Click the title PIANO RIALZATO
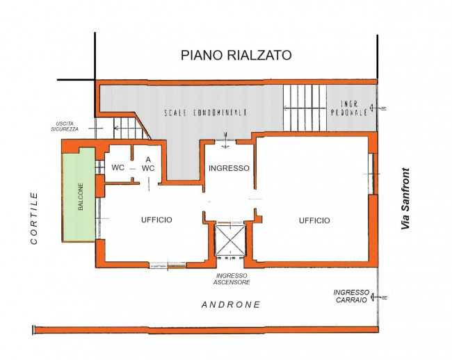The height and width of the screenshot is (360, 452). tap(236, 56)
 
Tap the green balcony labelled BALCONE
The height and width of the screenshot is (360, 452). tap(79, 196)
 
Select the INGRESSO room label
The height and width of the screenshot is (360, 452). tap(229, 168)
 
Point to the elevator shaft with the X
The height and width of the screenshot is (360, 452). tap(230, 240)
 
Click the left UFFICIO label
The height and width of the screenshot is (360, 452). tap(156, 220)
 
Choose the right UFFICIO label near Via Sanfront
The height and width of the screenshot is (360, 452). tap(314, 220)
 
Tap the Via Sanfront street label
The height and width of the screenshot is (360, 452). tap(405, 199)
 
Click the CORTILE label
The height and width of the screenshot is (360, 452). tap(34, 219)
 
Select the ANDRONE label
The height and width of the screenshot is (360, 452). tap(231, 304)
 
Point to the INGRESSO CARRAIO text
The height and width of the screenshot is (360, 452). tap(351, 296)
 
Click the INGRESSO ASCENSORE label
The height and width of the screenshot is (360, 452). tap(232, 279)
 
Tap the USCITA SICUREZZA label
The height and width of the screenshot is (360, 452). tap(65, 126)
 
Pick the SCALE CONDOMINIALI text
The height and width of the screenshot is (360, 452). tap(205, 113)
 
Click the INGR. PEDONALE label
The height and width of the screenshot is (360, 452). tap(349, 108)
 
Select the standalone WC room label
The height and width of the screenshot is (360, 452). tap(118, 167)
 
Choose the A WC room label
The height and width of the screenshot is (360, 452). tap(148, 164)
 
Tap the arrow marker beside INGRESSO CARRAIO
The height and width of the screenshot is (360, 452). tap(378, 297)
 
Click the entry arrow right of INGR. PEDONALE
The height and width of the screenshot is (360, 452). tap(378, 108)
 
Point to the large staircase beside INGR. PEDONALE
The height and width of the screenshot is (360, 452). tap(305, 108)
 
